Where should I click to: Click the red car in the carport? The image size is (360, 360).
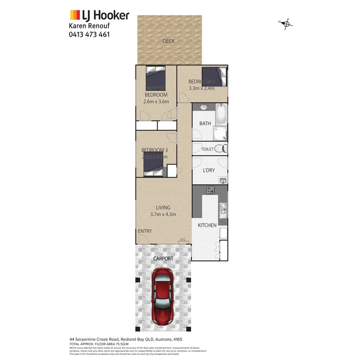point(162,296)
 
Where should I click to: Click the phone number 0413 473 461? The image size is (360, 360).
point(90,34)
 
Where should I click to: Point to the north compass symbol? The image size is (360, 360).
point(286,24)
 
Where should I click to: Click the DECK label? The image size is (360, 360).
point(168,41)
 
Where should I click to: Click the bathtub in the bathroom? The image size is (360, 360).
point(221,114)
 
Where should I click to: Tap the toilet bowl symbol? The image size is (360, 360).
point(219,149)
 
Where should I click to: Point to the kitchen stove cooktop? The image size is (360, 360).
point(211,190)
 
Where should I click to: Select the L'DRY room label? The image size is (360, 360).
point(209,170)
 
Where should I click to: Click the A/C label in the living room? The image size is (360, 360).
point(183,240)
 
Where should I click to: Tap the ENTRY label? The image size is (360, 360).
point(144,232)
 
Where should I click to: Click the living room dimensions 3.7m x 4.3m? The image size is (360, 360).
point(163,214)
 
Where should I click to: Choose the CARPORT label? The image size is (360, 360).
point(163,259)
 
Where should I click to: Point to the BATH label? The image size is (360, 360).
point(205,124)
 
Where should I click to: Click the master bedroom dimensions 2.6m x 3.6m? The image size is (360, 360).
point(156,102)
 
